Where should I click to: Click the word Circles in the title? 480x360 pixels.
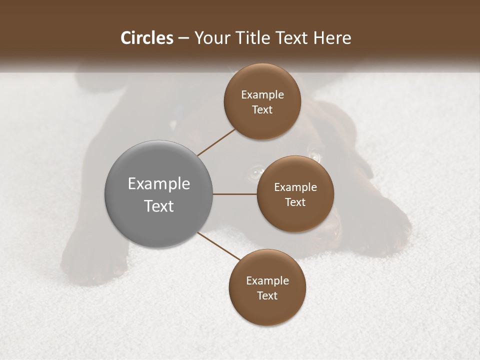tap(146, 38)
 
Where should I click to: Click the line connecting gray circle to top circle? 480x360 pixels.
tap(216, 142)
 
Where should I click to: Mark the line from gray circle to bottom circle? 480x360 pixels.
tap(219, 246)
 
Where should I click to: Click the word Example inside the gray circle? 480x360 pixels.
tap(159, 184)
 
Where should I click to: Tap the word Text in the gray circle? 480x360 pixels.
tap(159, 206)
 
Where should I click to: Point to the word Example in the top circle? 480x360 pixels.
tap(262, 95)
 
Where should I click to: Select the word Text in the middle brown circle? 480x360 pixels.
tap(295, 202)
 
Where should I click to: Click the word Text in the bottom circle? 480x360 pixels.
tap(267, 296)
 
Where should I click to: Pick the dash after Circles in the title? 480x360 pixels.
tap(183, 38)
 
